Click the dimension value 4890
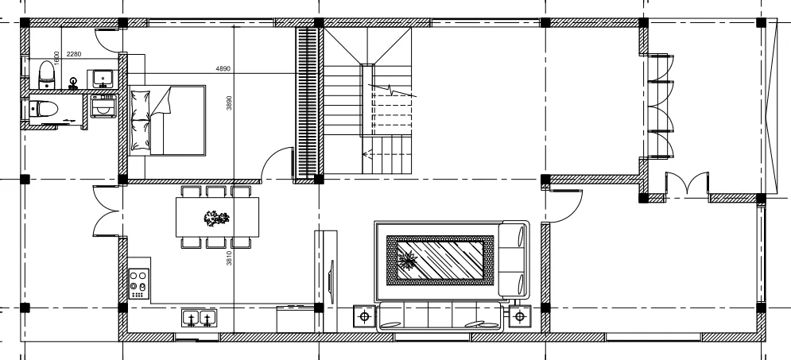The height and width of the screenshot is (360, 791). click(x=223, y=68)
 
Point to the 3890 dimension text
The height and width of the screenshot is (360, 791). click(x=229, y=103)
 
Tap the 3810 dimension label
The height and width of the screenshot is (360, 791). click(x=229, y=258)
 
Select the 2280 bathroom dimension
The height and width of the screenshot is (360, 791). click(x=74, y=54)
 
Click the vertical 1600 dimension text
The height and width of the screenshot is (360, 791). click(x=56, y=57)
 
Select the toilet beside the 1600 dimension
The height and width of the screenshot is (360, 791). click(x=46, y=75)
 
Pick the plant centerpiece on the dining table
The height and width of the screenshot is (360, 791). click(x=216, y=219)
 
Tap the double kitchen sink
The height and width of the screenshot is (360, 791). click(x=200, y=318)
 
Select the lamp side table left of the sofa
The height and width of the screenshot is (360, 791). click(x=365, y=316)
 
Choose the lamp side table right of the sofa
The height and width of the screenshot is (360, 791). click(x=520, y=316)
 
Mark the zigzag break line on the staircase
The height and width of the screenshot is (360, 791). click(x=392, y=91)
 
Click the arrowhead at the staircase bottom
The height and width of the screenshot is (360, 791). click(x=366, y=155)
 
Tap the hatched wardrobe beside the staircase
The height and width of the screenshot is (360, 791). click(x=306, y=103)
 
